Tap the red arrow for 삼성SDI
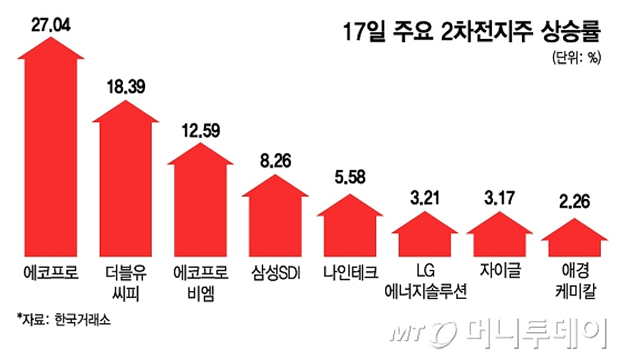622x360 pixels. point(275,220)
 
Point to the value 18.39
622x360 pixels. point(125,86)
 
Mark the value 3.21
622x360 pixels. point(425,198)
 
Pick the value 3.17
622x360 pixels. point(500,198)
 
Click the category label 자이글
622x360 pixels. point(500,271)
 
